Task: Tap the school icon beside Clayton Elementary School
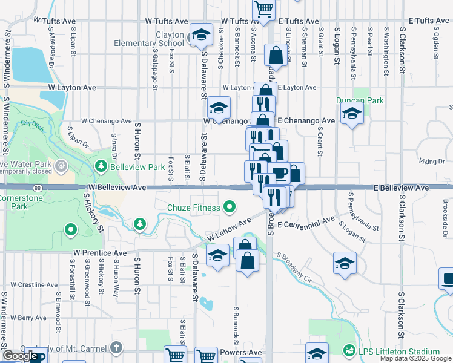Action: [x=202, y=35]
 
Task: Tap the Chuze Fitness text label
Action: [x=193, y=208]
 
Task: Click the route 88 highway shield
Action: [x=39, y=188]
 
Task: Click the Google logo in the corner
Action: [x=21, y=356]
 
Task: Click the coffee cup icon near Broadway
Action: [x=279, y=173]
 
